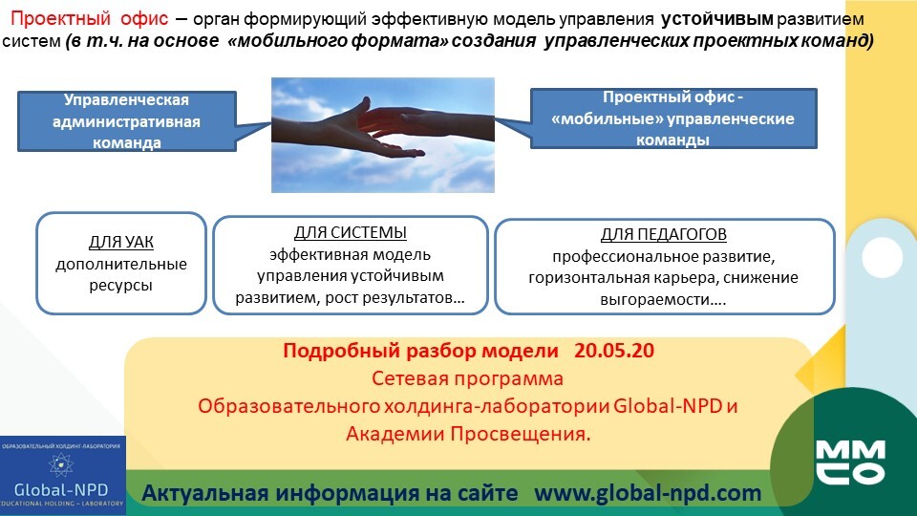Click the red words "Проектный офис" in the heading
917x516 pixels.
point(90,19)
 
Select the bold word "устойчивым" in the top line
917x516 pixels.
point(717,19)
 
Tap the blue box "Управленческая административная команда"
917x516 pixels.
point(127,121)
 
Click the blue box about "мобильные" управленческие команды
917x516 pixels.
point(673,118)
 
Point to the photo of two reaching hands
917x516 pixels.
point(383,135)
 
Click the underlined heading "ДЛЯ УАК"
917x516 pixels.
point(121,242)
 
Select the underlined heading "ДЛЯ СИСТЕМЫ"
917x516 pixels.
point(351,232)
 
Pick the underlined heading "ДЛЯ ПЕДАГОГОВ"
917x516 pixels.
point(664,234)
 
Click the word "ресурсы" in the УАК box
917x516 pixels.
point(121,286)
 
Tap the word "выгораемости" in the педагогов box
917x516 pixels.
point(655,299)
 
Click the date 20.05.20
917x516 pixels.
point(614,351)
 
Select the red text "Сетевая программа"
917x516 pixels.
point(467,378)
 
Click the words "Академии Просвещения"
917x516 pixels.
point(468,434)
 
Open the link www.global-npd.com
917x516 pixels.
point(648,493)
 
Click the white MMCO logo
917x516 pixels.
point(850,462)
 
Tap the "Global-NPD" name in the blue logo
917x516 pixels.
point(61,489)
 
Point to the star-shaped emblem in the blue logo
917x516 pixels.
point(61,465)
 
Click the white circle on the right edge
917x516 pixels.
point(882,257)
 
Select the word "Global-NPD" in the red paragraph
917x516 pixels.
point(668,406)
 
